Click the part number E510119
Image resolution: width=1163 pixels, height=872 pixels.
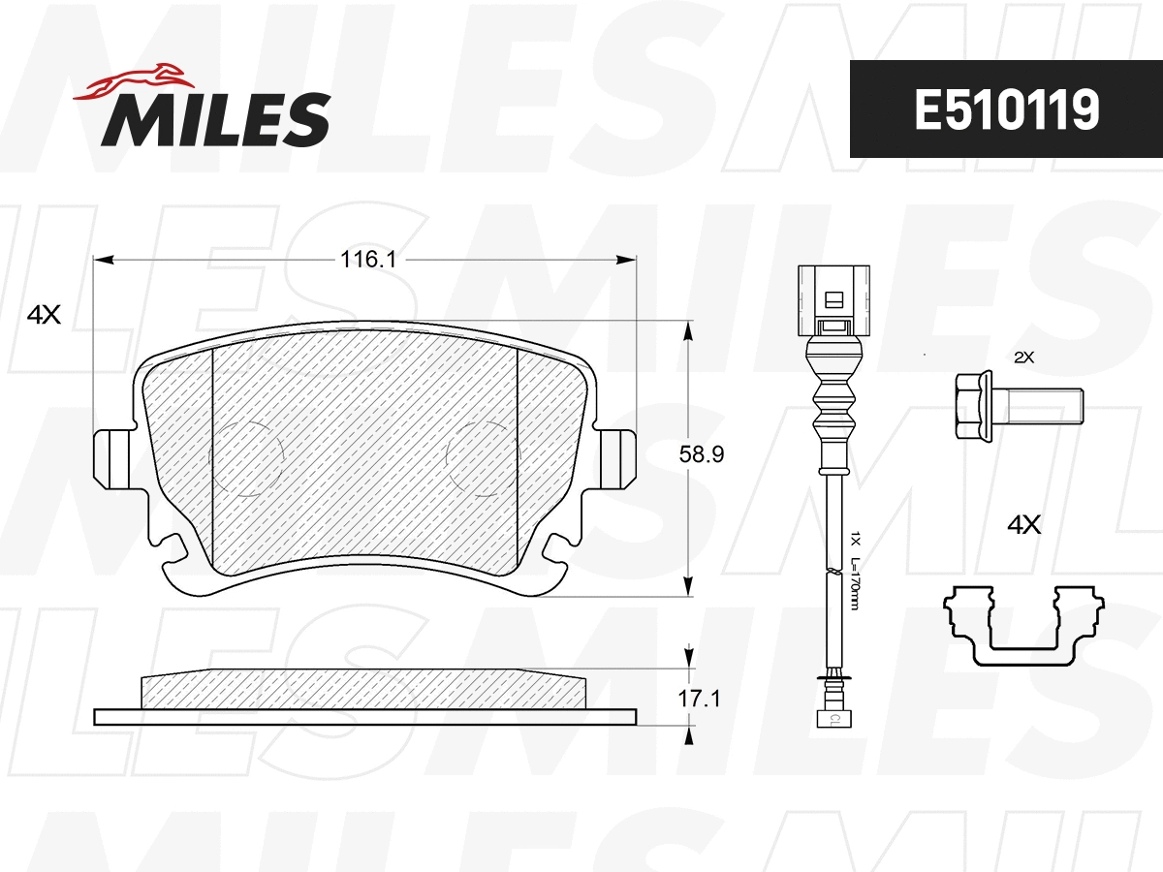1006,109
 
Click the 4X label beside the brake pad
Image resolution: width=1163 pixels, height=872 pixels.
44,315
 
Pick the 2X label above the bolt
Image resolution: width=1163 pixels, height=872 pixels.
1023,358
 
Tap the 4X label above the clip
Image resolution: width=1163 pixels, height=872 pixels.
1023,525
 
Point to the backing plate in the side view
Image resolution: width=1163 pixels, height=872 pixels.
364,716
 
